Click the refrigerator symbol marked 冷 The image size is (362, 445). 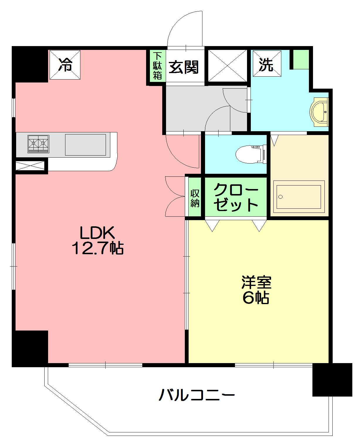(x=65, y=65)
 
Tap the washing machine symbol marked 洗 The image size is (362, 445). (x=267, y=63)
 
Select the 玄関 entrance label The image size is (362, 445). (x=184, y=67)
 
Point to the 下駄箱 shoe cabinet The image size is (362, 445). (x=158, y=66)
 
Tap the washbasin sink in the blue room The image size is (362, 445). (x=319, y=112)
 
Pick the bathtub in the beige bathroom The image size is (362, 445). (x=299, y=197)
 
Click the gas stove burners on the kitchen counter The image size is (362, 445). (x=38, y=144)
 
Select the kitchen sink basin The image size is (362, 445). (x=85, y=145)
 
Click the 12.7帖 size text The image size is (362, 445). (x=97, y=248)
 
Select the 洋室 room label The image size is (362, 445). (x=256, y=282)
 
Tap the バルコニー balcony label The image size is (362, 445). (x=197, y=395)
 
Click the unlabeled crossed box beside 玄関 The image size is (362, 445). (x=228, y=66)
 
